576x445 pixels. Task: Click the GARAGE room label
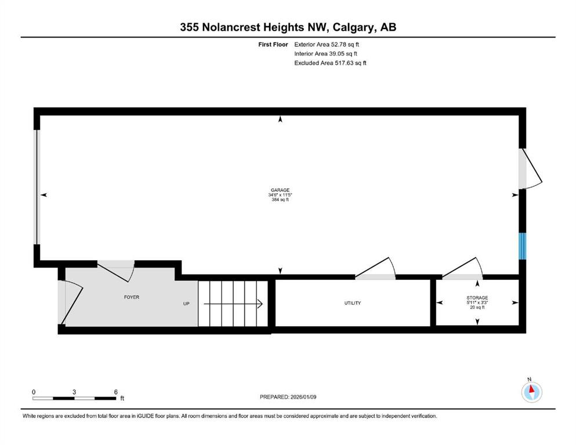pyautogui.click(x=280, y=190)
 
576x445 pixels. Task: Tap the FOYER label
pyautogui.click(x=132, y=297)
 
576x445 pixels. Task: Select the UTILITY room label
pyautogui.click(x=352, y=303)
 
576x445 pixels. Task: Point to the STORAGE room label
pyautogui.click(x=477, y=297)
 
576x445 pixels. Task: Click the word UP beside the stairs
pyautogui.click(x=186, y=304)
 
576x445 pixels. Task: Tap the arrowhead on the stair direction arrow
pyautogui.click(x=260, y=304)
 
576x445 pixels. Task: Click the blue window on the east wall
pyautogui.click(x=523, y=246)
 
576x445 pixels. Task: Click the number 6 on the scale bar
pyautogui.click(x=115, y=392)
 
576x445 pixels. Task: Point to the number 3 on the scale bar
pyautogui.click(x=74, y=392)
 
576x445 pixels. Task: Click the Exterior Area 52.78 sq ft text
pyautogui.click(x=327, y=45)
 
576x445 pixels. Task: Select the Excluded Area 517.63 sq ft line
pyautogui.click(x=330, y=63)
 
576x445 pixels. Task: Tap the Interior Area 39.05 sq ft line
pyautogui.click(x=326, y=53)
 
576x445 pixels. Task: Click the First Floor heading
pyautogui.click(x=273, y=45)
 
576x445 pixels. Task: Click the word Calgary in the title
pyautogui.click(x=354, y=27)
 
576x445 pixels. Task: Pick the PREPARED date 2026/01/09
pyautogui.click(x=303, y=397)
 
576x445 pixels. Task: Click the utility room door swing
pyautogui.click(x=375, y=267)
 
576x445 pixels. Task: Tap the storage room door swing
pyautogui.click(x=462, y=267)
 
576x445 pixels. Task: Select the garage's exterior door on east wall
pyautogui.click(x=530, y=169)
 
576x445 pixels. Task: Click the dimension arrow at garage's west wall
pyautogui.click(x=44, y=195)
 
